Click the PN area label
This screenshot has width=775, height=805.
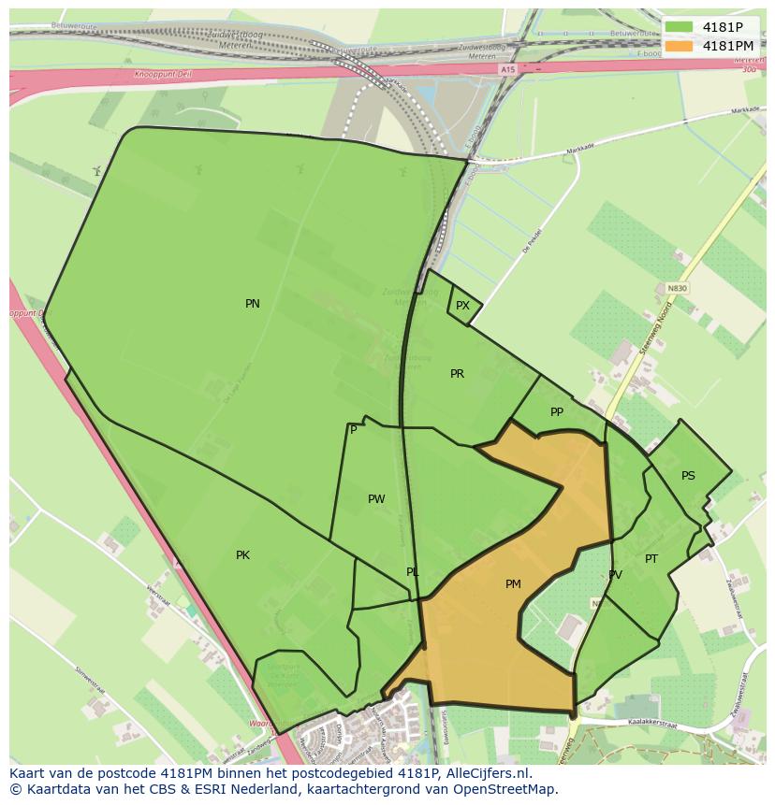pyautogui.click(x=253, y=304)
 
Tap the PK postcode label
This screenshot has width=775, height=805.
pyautogui.click(x=242, y=555)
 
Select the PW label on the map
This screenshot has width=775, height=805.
pyautogui.click(x=376, y=499)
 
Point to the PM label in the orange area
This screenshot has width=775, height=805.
pyautogui.click(x=513, y=584)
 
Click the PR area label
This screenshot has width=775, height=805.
pyautogui.click(x=457, y=374)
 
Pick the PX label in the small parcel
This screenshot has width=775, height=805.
pyautogui.click(x=462, y=306)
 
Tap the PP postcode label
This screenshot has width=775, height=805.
pyautogui.click(x=557, y=412)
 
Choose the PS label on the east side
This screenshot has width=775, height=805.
pyautogui.click(x=688, y=476)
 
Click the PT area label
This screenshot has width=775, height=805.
pyautogui.click(x=651, y=559)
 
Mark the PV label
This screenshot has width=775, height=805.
pyautogui.click(x=615, y=575)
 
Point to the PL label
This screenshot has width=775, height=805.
pyautogui.click(x=413, y=572)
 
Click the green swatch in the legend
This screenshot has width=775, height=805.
pyautogui.click(x=680, y=27)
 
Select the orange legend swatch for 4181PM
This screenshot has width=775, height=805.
pyautogui.click(x=680, y=46)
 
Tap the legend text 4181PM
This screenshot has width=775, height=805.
pyautogui.click(x=728, y=46)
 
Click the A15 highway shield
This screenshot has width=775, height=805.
pyautogui.click(x=507, y=69)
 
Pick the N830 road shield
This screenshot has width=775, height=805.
pyautogui.click(x=677, y=288)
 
